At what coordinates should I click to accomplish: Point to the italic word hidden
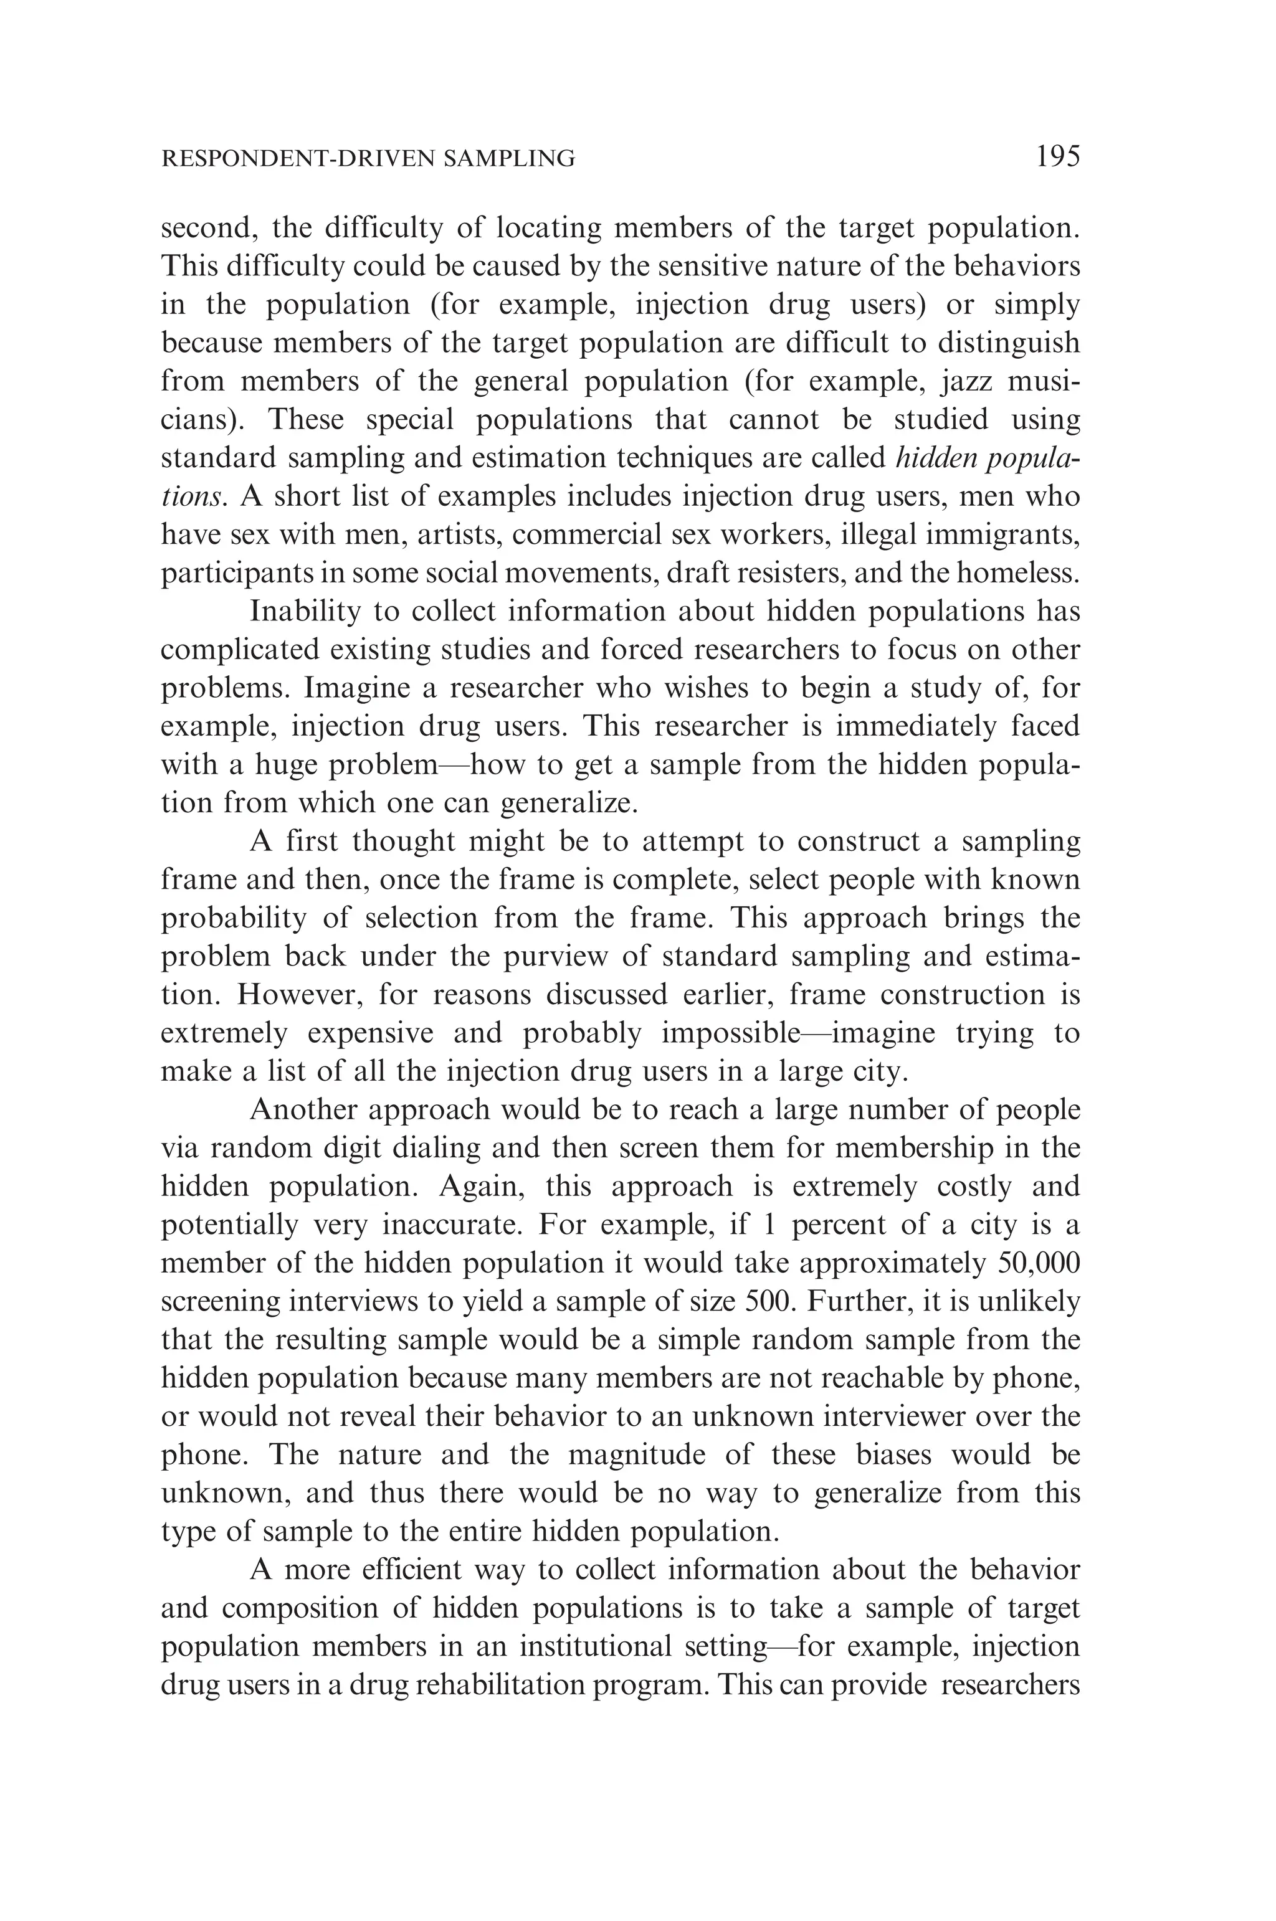(936, 457)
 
